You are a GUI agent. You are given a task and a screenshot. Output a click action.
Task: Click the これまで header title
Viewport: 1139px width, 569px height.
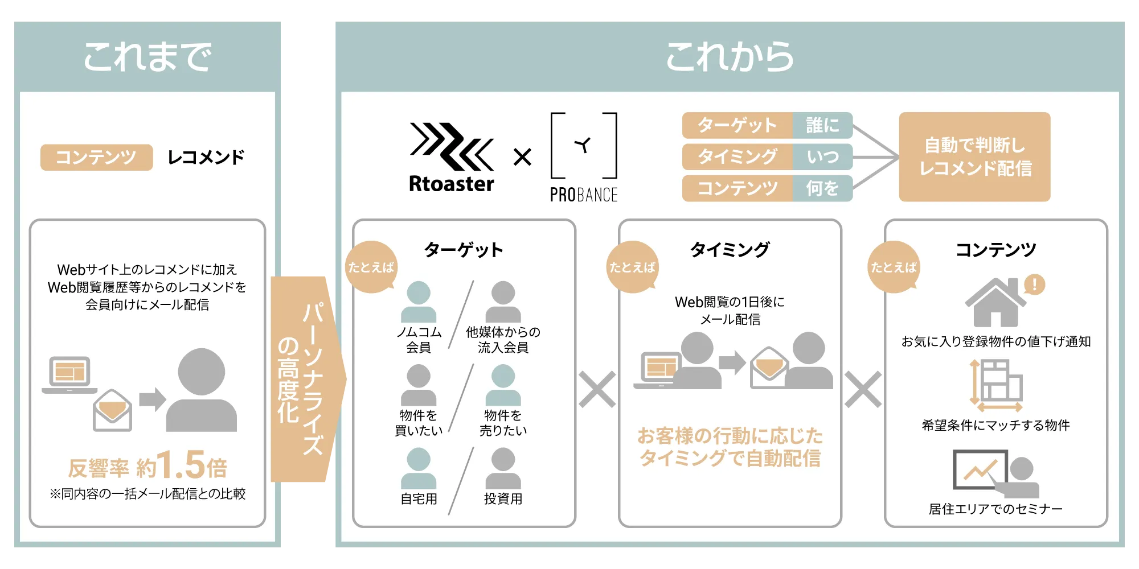148,56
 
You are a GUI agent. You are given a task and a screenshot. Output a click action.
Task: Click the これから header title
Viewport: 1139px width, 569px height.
730,56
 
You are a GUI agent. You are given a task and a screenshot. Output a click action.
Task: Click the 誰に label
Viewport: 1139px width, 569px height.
822,125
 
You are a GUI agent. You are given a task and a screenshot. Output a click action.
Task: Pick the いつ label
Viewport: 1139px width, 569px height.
822,156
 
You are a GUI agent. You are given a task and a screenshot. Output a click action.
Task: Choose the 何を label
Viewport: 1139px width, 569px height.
822,188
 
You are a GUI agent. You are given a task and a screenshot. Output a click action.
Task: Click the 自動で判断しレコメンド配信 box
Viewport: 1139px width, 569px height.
974,156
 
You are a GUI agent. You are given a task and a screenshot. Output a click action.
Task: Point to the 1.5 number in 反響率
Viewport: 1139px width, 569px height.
181,465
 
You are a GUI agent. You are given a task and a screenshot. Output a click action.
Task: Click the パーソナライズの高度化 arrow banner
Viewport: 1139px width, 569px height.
308,379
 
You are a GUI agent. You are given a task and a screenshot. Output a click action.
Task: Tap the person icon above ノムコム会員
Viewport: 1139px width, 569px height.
419,302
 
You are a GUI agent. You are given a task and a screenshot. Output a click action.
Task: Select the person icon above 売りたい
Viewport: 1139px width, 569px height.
503,385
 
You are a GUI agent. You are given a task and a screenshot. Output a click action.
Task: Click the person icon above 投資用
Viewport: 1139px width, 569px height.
503,468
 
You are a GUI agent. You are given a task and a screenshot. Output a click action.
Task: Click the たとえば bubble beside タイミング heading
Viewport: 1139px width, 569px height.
632,267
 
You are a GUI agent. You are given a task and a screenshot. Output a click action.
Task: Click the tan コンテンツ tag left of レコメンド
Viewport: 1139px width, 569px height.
96,157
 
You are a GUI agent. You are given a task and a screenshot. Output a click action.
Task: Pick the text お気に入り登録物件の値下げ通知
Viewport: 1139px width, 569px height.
996,341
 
